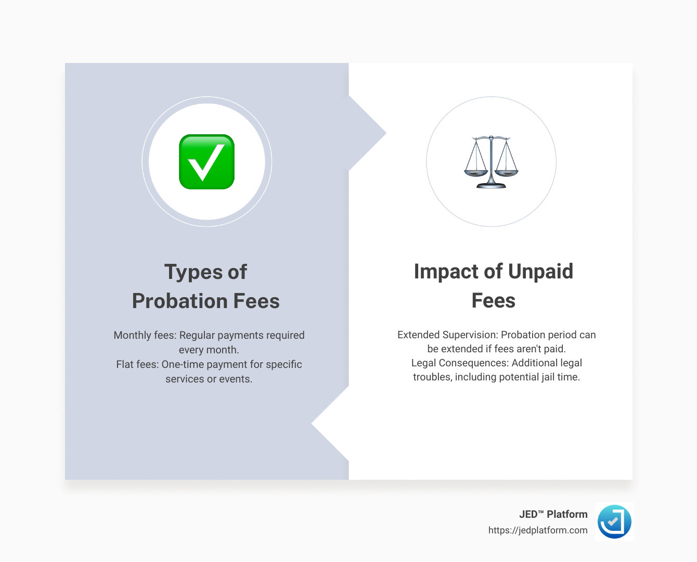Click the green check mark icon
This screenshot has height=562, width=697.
(x=206, y=162)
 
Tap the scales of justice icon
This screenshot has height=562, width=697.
(x=491, y=162)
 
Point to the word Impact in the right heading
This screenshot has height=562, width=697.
(x=445, y=272)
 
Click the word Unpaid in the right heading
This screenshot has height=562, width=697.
(x=540, y=272)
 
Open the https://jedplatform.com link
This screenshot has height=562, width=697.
(x=537, y=530)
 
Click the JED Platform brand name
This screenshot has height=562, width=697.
(x=553, y=515)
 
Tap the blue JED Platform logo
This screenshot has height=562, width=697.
(x=614, y=521)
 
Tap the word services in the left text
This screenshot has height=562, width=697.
(x=185, y=379)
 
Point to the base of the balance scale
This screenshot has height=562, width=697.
(x=491, y=185)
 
